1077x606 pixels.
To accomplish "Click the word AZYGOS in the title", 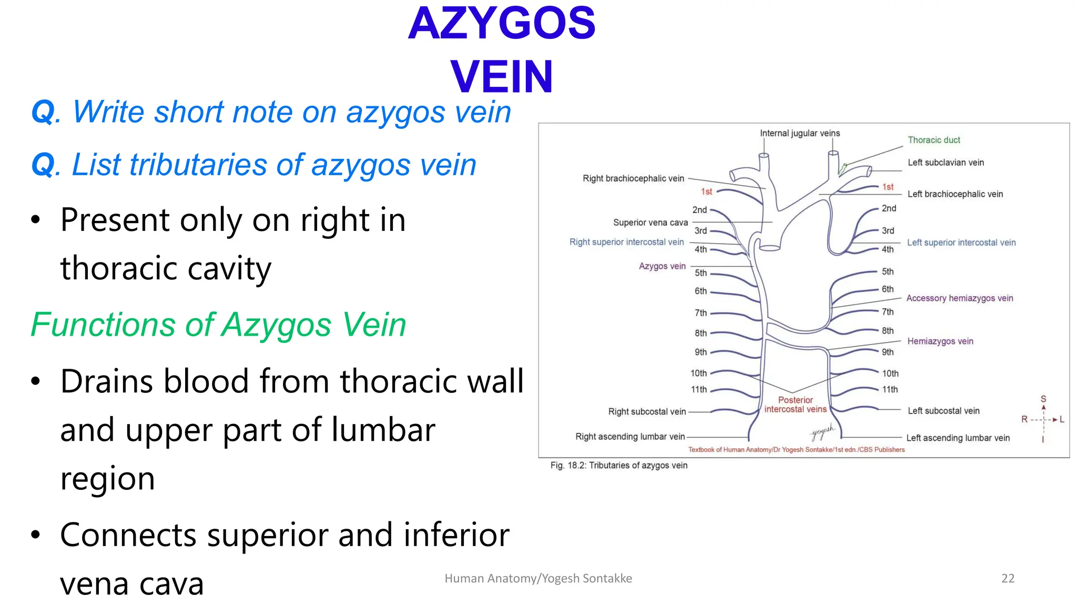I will click(x=502, y=24).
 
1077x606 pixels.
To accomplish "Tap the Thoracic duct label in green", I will click(x=933, y=140).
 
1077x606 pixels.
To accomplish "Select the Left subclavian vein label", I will click(x=945, y=163).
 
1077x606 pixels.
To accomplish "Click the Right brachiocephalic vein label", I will click(x=633, y=178).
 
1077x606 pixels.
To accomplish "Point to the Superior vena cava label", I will click(x=650, y=223).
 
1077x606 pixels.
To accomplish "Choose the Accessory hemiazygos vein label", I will click(x=959, y=298).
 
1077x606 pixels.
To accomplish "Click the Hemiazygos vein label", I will click(x=940, y=341).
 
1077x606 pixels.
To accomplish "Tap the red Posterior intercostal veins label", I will click(x=795, y=405).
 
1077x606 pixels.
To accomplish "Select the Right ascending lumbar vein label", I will click(x=629, y=437).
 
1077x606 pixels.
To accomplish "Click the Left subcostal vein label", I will click(x=943, y=411).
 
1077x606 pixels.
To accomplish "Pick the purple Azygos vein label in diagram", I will click(x=662, y=266).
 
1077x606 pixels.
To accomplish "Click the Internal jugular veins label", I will click(x=799, y=133).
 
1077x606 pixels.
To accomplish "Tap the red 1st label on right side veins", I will click(x=706, y=191).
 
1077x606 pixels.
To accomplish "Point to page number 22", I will click(x=1008, y=578).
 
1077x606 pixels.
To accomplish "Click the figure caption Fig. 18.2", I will click(x=618, y=466).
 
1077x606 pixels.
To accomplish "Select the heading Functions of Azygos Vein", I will click(x=218, y=325).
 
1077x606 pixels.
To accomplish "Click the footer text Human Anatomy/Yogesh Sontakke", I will click(x=538, y=578).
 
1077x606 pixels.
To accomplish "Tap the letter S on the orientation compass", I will click(x=1043, y=399).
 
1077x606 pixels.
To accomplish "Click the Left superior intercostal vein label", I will click(x=961, y=243).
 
